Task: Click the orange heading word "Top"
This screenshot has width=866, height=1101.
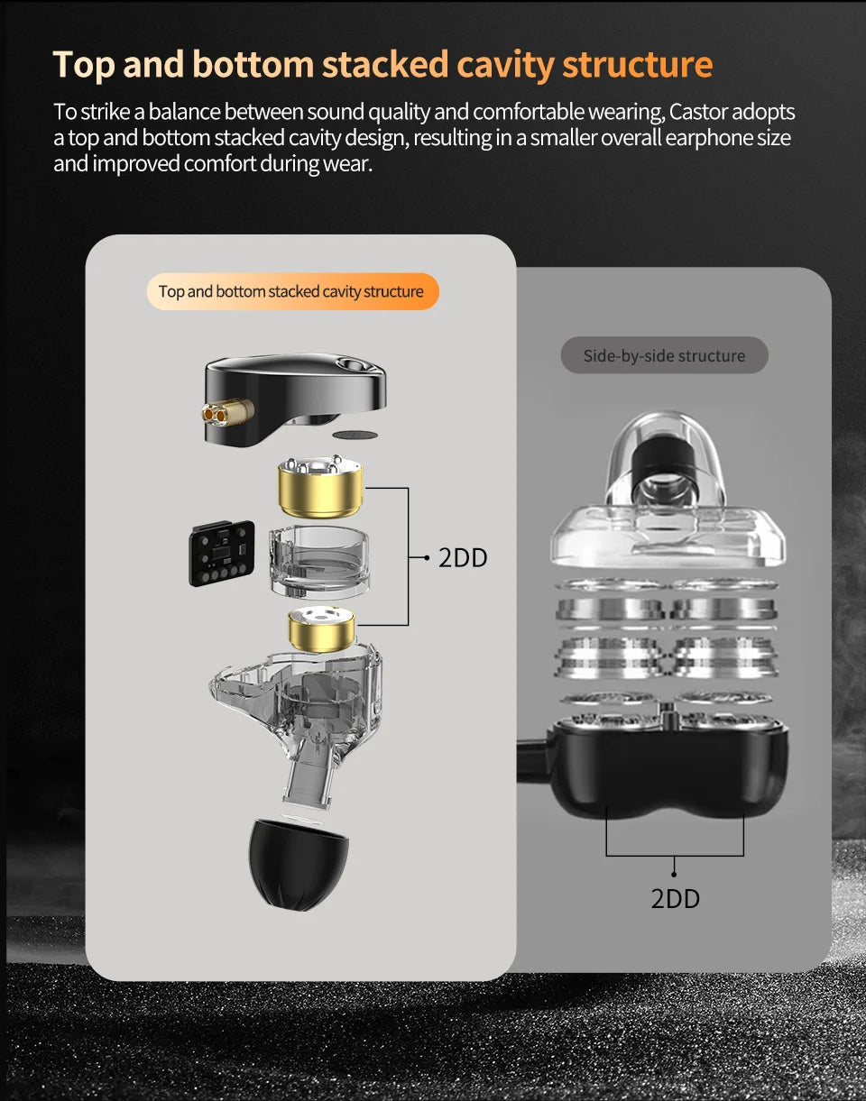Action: (x=84, y=64)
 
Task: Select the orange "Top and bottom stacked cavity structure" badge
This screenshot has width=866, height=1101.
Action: (x=291, y=291)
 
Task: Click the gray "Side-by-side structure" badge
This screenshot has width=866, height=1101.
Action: (x=664, y=355)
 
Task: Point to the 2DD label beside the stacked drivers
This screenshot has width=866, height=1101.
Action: (x=463, y=558)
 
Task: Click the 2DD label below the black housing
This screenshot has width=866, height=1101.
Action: (x=675, y=898)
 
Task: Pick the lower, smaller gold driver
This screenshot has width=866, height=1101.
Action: (x=320, y=628)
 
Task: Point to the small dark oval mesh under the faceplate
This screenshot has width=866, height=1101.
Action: (x=355, y=435)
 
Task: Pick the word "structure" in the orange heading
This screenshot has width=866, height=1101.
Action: (x=637, y=64)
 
